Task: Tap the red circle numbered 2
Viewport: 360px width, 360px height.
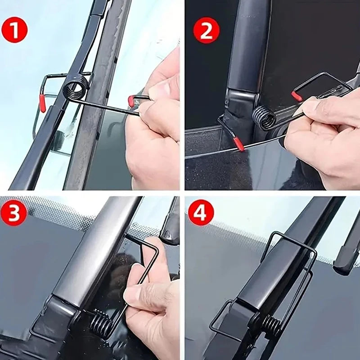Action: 206,30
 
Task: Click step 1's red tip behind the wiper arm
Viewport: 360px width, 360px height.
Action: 42,103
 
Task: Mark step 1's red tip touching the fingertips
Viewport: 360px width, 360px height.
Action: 131,101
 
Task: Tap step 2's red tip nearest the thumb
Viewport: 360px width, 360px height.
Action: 296,96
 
